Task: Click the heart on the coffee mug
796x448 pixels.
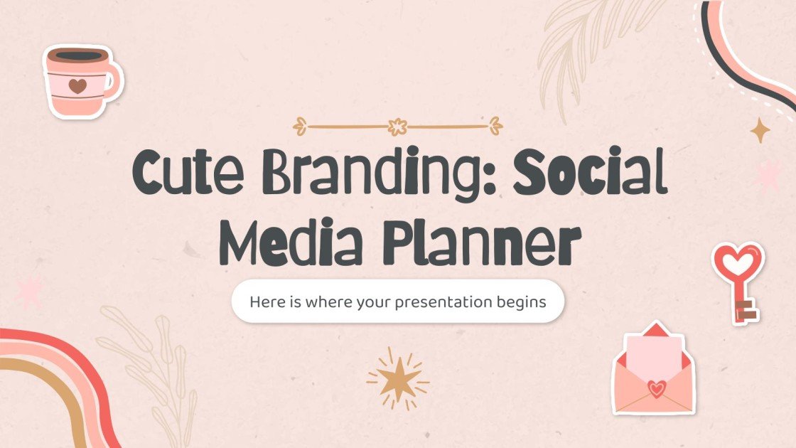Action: [x=77, y=86]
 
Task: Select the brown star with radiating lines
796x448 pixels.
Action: [x=397, y=378]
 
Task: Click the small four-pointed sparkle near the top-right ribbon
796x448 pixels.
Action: [x=761, y=130]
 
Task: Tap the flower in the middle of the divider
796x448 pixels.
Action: [x=397, y=127]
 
